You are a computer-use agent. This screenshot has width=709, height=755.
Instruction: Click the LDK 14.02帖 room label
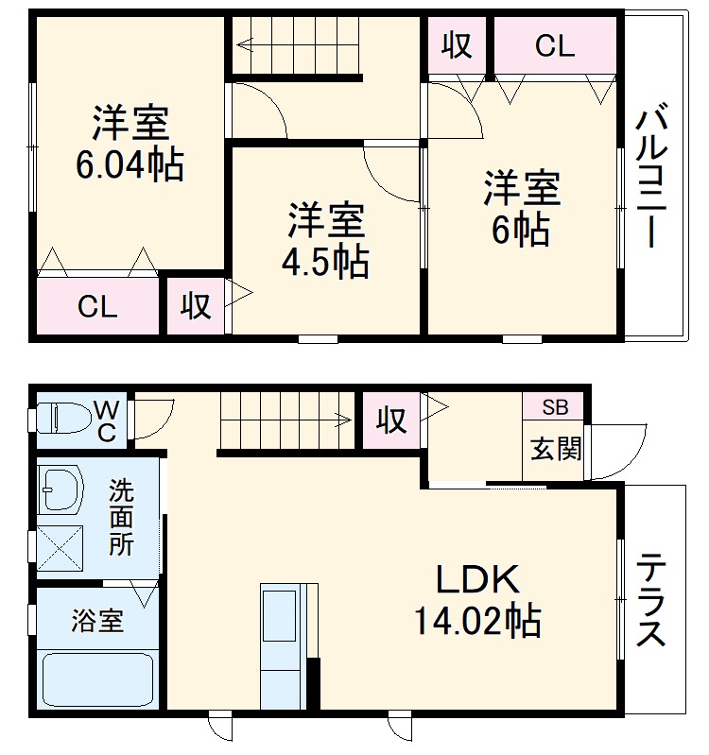[476, 600]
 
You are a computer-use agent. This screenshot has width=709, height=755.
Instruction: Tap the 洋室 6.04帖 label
[130, 144]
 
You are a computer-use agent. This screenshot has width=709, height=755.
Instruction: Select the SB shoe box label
[555, 408]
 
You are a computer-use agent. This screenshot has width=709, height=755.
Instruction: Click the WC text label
[107, 421]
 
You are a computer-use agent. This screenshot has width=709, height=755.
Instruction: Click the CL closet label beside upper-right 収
[555, 46]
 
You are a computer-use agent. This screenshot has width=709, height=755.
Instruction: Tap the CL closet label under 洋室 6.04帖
[97, 307]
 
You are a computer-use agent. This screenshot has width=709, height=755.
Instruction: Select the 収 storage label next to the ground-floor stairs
[390, 420]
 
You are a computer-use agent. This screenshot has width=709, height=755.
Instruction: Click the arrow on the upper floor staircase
[248, 43]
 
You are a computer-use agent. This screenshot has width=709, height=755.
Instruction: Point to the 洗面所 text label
[120, 518]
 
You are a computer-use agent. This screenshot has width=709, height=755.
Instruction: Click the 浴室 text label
[97, 621]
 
